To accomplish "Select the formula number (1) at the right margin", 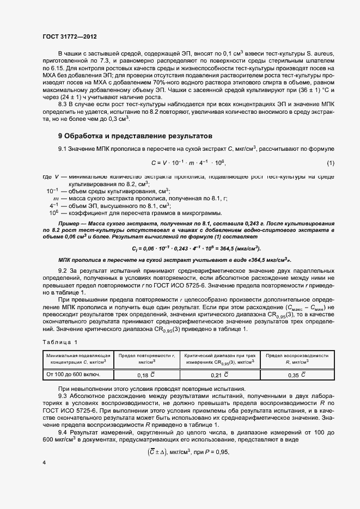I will pos(330,163).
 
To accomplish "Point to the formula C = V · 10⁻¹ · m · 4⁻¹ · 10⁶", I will pos(188,163).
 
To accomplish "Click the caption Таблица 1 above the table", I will pos(60,341).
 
